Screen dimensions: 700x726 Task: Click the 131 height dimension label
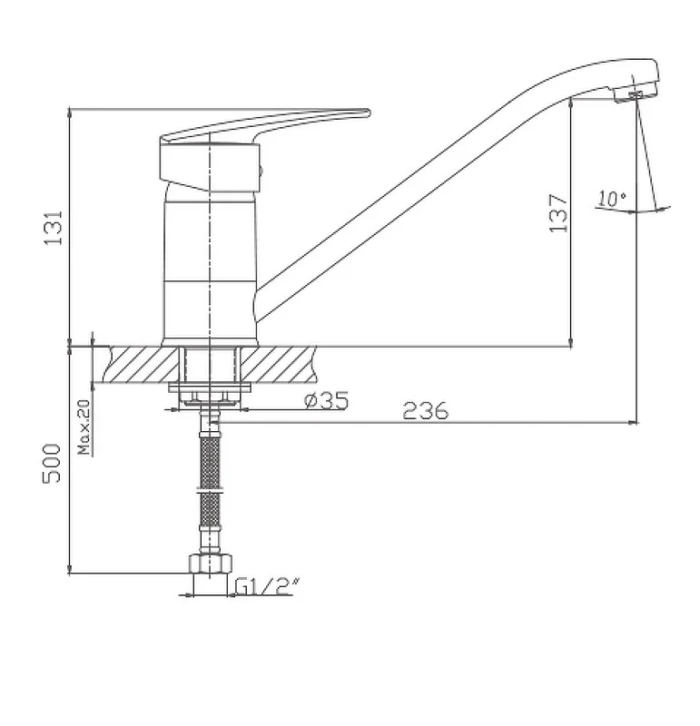point(54,228)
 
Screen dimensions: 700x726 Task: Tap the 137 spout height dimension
point(558,213)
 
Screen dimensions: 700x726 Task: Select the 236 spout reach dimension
point(426,411)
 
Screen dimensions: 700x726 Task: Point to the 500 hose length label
point(52,464)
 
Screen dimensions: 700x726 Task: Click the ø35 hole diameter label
point(326,400)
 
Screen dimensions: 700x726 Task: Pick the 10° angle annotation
point(612,199)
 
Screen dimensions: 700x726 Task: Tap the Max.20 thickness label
point(84,427)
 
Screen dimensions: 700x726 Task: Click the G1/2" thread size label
point(267,586)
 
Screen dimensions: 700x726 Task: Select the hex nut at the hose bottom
point(210,563)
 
